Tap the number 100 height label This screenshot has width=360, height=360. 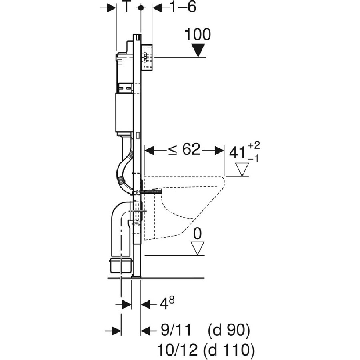pyautogui.click(x=198, y=35)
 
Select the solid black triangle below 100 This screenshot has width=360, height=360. pyautogui.click(x=198, y=50)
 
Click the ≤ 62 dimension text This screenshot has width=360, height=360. pyautogui.click(x=184, y=150)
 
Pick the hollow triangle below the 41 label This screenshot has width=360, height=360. pyautogui.click(x=242, y=170)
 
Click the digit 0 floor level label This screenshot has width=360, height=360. pyautogui.click(x=198, y=234)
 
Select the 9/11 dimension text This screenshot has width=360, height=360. pyautogui.click(x=176, y=331)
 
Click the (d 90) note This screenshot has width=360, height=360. pyautogui.click(x=229, y=331)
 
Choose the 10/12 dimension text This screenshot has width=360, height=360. pyautogui.click(x=177, y=350)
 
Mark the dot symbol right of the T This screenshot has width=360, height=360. pyautogui.click(x=141, y=8)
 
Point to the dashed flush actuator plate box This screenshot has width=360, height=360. pyautogui.click(x=147, y=57)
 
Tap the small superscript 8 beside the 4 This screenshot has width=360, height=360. pyautogui.click(x=172, y=300)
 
